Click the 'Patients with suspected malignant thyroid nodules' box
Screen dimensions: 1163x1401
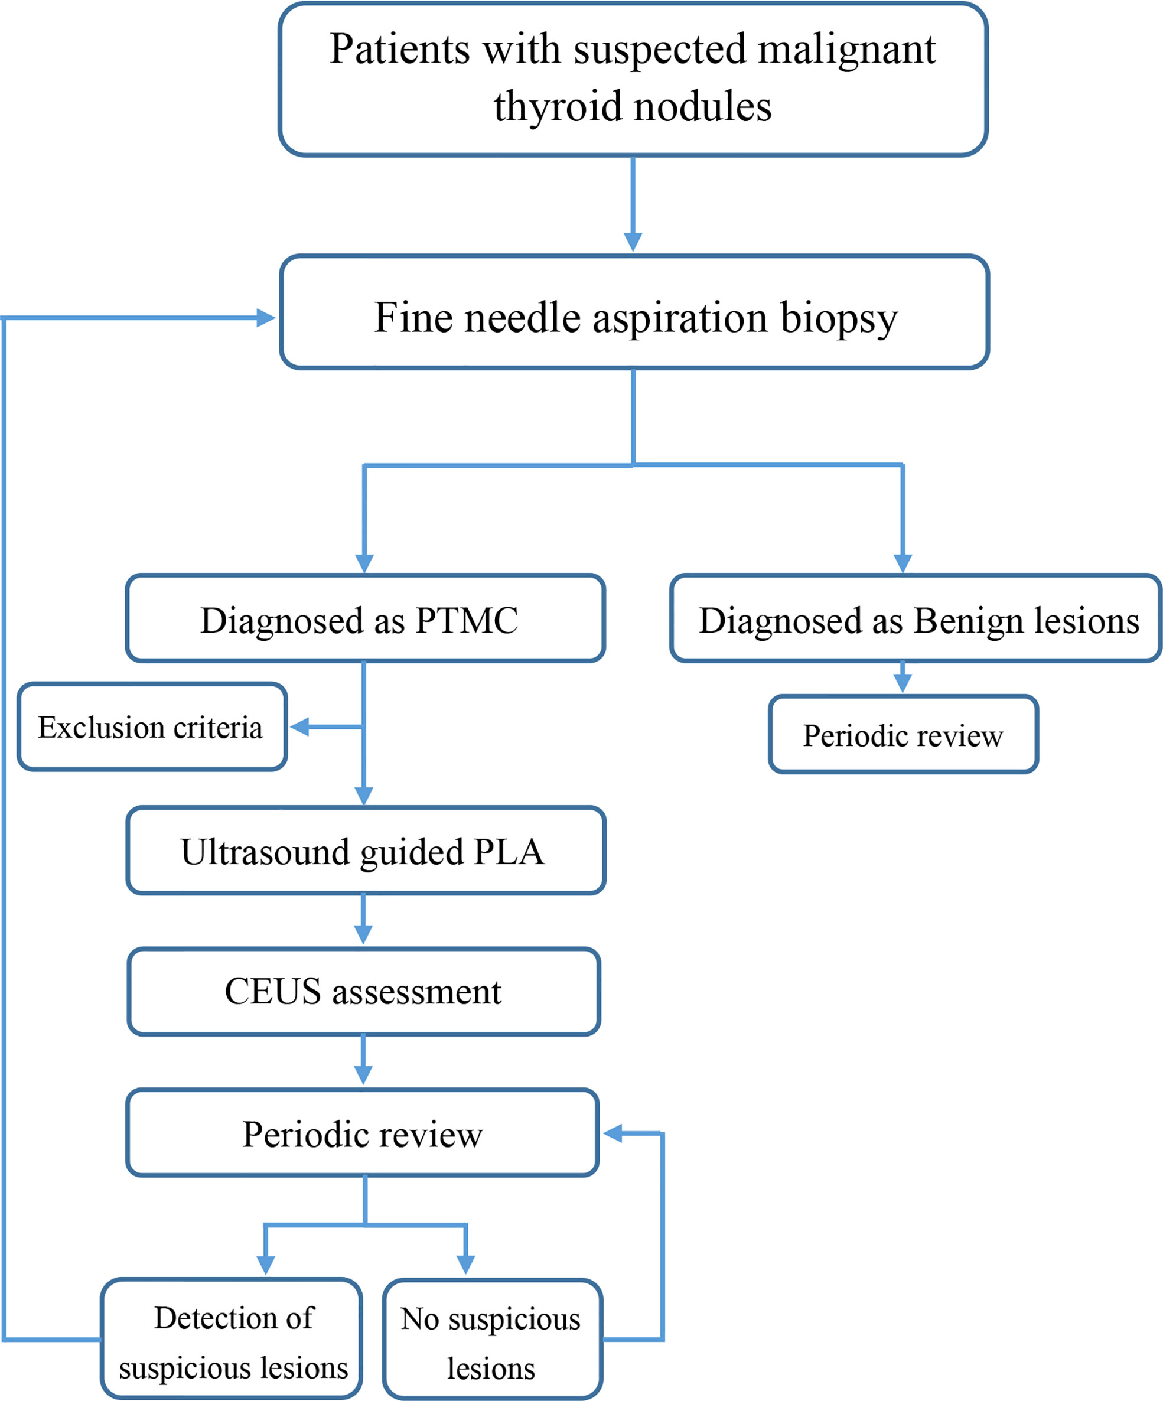[x=633, y=79]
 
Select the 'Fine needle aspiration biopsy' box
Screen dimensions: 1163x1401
[x=634, y=311]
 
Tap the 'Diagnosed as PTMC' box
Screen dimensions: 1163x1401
[x=366, y=618]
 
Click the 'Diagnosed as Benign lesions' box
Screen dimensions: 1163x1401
[x=916, y=618]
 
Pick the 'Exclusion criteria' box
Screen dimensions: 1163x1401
[x=152, y=726]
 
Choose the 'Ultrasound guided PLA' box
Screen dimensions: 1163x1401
[x=366, y=851]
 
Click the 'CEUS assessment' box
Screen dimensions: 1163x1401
[x=364, y=991]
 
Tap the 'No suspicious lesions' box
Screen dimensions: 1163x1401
[x=493, y=1339]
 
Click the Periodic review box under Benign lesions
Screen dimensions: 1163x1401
[x=904, y=735]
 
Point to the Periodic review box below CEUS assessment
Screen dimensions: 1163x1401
[x=362, y=1133]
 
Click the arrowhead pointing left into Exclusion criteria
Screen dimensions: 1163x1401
[x=299, y=726]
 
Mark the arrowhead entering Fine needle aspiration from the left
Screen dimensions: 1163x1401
[x=266, y=318]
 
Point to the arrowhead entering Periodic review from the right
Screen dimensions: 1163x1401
[x=613, y=1133]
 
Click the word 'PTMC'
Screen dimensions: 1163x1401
[x=467, y=620]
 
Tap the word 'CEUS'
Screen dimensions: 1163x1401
[x=273, y=991]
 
